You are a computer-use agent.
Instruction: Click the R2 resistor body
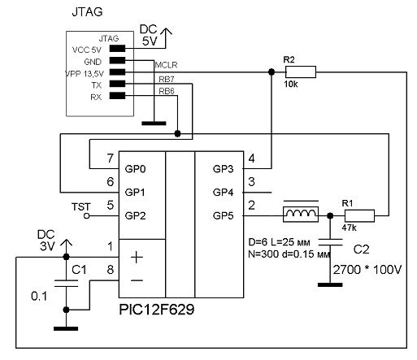(x=301, y=72)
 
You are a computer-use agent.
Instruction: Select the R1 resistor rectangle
(x=359, y=216)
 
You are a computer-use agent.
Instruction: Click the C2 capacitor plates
(x=330, y=242)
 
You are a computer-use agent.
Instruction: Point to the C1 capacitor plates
(x=66, y=283)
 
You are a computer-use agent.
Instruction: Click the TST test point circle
(x=87, y=216)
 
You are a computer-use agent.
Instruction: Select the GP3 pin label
(x=223, y=169)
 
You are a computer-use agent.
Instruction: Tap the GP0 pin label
(x=135, y=169)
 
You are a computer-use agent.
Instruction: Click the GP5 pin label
(x=223, y=216)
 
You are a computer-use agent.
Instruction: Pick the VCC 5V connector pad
(x=117, y=49)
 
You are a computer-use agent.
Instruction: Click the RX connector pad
(x=117, y=96)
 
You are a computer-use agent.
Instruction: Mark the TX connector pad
(x=117, y=84)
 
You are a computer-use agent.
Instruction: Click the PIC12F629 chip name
(x=157, y=310)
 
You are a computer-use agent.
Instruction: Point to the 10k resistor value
(x=291, y=85)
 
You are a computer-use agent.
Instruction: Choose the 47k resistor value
(x=349, y=228)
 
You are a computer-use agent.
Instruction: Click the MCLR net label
(x=166, y=65)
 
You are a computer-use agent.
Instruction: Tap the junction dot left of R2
(x=271, y=72)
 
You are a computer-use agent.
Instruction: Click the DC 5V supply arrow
(x=166, y=38)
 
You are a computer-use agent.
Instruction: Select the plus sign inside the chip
(x=137, y=257)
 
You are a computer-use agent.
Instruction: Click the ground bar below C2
(x=330, y=284)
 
